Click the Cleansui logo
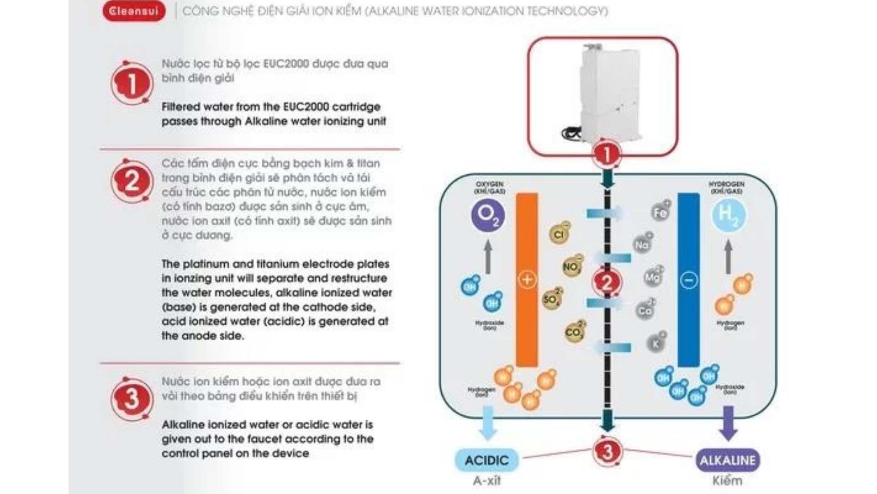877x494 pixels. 134,11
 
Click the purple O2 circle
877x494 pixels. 488,215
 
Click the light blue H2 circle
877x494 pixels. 728,215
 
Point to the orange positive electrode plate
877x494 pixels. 527,320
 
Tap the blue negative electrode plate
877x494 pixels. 688,320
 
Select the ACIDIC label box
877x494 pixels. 486,460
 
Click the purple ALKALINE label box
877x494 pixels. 728,460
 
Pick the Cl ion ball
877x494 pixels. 559,234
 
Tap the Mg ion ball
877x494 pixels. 653,277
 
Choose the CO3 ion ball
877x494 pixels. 574,332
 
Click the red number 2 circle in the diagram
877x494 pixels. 607,283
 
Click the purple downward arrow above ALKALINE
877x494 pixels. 728,423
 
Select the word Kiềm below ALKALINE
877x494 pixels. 727,481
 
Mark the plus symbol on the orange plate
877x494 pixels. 527,279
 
